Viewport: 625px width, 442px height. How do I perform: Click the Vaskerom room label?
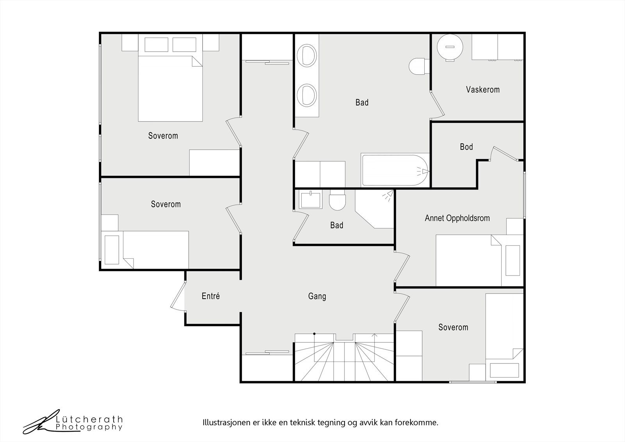tap(483, 89)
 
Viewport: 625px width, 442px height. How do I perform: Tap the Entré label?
tap(211, 296)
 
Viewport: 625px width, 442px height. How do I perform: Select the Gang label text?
tap(317, 296)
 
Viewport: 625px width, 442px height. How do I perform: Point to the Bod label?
tap(466, 147)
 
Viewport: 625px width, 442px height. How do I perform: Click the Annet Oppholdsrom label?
tap(457, 218)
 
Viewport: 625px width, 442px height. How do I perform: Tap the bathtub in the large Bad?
tap(395, 170)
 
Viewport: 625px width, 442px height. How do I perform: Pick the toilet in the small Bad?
tap(337, 200)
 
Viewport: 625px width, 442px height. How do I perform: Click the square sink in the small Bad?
tap(311, 199)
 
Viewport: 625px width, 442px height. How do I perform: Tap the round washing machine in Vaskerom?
tap(450, 47)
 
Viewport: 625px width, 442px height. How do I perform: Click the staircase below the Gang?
tap(345, 358)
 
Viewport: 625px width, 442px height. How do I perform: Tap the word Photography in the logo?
tap(89, 427)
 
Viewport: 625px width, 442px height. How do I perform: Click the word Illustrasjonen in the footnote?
tap(222, 422)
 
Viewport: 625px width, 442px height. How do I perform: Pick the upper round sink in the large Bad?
tap(307, 55)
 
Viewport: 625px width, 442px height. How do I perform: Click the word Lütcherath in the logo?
tap(89, 419)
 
